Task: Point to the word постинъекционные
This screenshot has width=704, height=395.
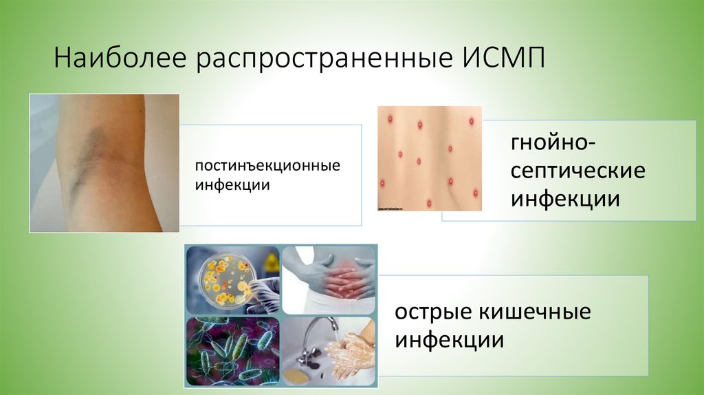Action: click(267, 167)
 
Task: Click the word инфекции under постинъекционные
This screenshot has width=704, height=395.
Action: click(231, 185)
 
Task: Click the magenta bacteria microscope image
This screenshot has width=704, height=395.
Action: click(232, 351)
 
